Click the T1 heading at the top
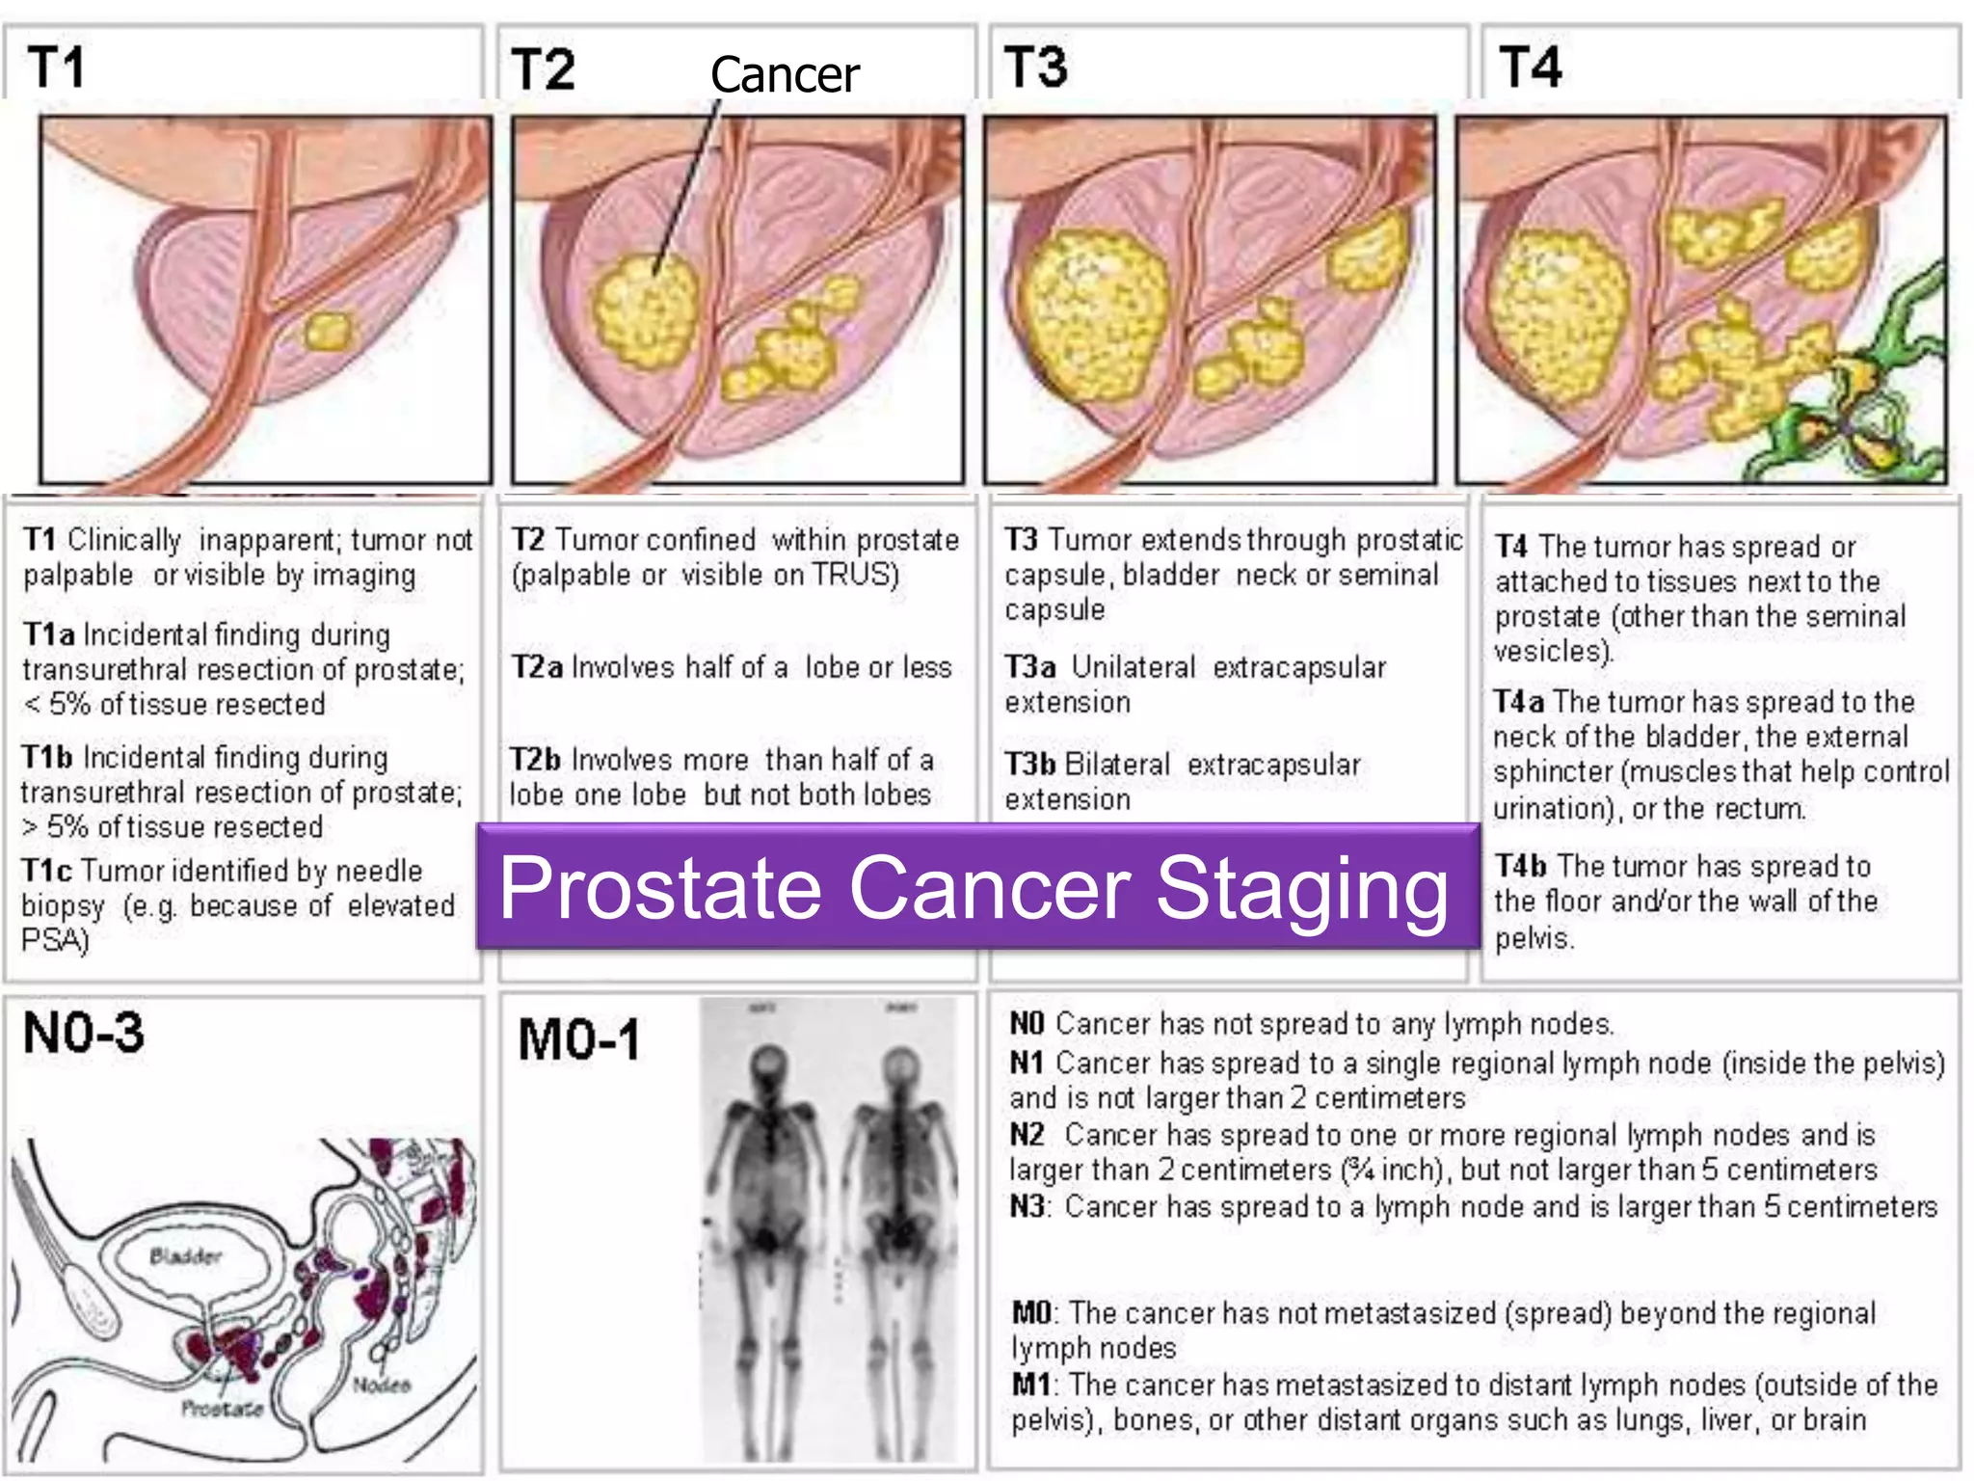56,67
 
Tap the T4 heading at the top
1530,67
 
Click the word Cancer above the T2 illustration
785,75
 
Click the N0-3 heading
84,1033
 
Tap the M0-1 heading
578,1040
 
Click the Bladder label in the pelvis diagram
185,1256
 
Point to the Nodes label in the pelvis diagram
382,1386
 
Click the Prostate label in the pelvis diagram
223,1409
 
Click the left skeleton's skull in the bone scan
767,1065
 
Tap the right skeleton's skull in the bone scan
901,1065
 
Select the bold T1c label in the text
47,871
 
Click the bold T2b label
535,760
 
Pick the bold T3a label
1029,667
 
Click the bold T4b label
1520,866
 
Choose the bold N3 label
1027,1206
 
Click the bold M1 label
1030,1385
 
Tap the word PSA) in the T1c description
54,940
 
